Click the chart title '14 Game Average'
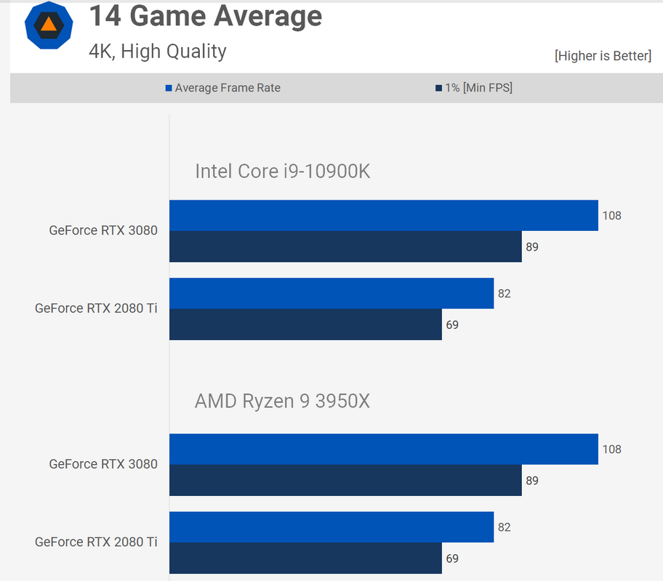205,16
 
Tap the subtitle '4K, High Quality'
158,52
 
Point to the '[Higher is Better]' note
603,56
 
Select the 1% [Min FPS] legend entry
473,88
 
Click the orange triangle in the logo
49,24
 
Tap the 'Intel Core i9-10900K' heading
283,171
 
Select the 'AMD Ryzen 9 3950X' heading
282,401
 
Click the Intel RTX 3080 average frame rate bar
383,216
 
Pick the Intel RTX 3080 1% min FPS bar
345,247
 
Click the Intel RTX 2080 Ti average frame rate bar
331,293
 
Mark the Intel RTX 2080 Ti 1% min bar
305,325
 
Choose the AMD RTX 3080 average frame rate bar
383,450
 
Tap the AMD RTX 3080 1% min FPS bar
345,481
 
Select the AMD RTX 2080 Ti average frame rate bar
331,527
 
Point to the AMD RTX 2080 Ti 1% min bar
305,558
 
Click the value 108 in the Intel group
612,216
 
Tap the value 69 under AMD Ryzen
452,559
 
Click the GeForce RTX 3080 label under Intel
103,231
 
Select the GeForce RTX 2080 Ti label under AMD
96,542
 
